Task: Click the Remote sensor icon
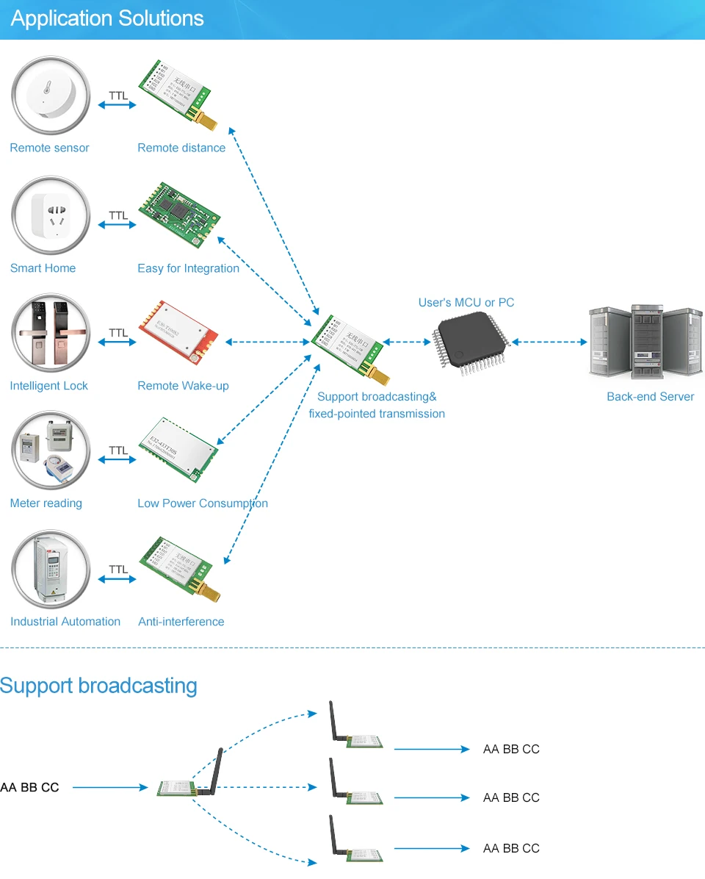pyautogui.click(x=50, y=96)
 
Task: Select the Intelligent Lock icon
pyautogui.click(x=50, y=333)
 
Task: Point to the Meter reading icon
pyautogui.click(x=50, y=451)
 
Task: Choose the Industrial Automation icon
pyautogui.click(x=50, y=570)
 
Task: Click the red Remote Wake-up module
pyautogui.click(x=179, y=333)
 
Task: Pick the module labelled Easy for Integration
pyautogui.click(x=179, y=213)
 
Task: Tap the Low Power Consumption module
pyautogui.click(x=179, y=449)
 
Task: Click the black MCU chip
pyautogui.click(x=471, y=342)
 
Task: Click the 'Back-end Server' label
pyautogui.click(x=650, y=397)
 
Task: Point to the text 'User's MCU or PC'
pyautogui.click(x=466, y=303)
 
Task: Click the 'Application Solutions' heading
pyautogui.click(x=107, y=19)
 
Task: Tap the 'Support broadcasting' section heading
pyautogui.click(x=99, y=686)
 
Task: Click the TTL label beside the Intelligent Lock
pyautogui.click(x=118, y=333)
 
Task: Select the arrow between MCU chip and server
pyautogui.click(x=550, y=342)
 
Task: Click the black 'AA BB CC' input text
pyautogui.click(x=29, y=787)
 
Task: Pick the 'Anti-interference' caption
pyautogui.click(x=181, y=622)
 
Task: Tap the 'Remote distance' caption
pyautogui.click(x=181, y=148)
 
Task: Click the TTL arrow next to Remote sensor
pyautogui.click(x=117, y=105)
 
